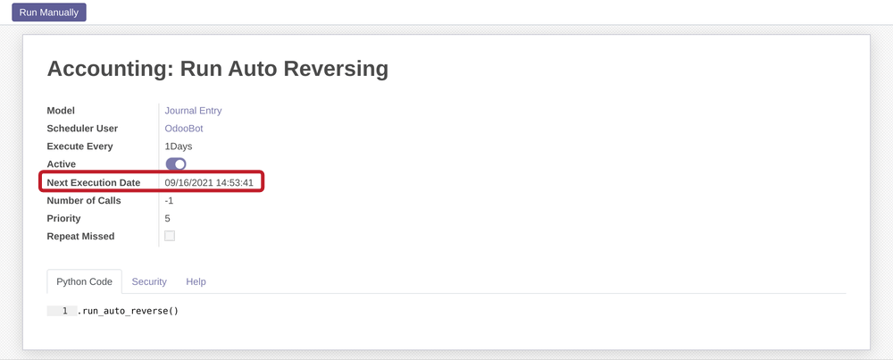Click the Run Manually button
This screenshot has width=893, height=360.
(x=49, y=13)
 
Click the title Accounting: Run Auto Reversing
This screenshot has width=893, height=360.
(x=217, y=69)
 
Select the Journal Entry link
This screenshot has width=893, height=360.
(x=193, y=111)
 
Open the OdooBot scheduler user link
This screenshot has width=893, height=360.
(x=185, y=129)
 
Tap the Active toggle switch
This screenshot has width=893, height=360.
(x=176, y=164)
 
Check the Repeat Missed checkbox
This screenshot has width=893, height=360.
(x=170, y=236)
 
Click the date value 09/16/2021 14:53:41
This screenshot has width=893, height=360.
(x=209, y=183)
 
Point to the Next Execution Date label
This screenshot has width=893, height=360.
(x=93, y=183)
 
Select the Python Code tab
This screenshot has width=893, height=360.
(x=84, y=281)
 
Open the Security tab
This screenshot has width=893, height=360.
(x=149, y=281)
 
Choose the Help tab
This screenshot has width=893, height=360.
(x=196, y=281)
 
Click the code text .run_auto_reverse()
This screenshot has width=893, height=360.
(x=128, y=311)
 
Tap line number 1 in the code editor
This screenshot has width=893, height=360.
(x=64, y=311)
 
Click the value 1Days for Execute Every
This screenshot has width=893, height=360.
(x=179, y=147)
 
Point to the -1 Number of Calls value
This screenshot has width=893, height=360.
(x=169, y=201)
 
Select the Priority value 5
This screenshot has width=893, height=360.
(x=167, y=219)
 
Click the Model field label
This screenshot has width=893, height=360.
(x=61, y=111)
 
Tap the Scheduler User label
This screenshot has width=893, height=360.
(x=82, y=129)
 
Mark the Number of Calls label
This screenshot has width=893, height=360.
(x=83, y=201)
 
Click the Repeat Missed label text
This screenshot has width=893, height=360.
(x=80, y=237)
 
